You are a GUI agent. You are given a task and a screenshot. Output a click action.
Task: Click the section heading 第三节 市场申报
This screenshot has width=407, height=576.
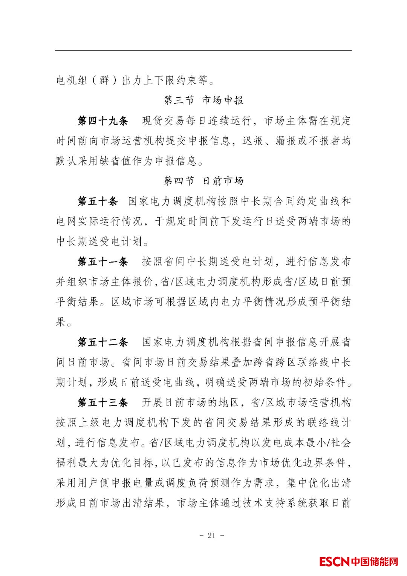pos(203,100)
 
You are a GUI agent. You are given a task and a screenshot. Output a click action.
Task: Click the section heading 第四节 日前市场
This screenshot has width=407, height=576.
pos(203,181)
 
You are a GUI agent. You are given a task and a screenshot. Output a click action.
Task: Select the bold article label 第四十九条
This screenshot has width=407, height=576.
pos(103,121)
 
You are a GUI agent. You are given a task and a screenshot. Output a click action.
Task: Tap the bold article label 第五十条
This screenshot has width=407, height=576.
pos(98,201)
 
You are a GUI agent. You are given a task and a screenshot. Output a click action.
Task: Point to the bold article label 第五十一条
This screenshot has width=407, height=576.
pos(103,261)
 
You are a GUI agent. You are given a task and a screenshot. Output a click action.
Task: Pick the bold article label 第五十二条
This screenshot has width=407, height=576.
pos(103,342)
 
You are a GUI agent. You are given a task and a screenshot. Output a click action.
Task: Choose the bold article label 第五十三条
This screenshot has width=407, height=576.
pos(103,402)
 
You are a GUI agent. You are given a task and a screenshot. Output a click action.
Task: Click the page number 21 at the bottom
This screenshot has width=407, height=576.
pos(211,535)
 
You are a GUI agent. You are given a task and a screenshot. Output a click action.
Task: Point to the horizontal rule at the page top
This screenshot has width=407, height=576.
pos(203,50)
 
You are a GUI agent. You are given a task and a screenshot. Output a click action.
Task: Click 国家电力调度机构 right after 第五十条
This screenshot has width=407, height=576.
pos(172,201)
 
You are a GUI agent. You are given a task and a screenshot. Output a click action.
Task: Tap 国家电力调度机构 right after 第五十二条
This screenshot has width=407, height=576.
pos(186,342)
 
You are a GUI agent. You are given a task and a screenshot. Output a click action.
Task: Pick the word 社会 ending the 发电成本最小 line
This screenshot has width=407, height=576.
pos(341,442)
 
